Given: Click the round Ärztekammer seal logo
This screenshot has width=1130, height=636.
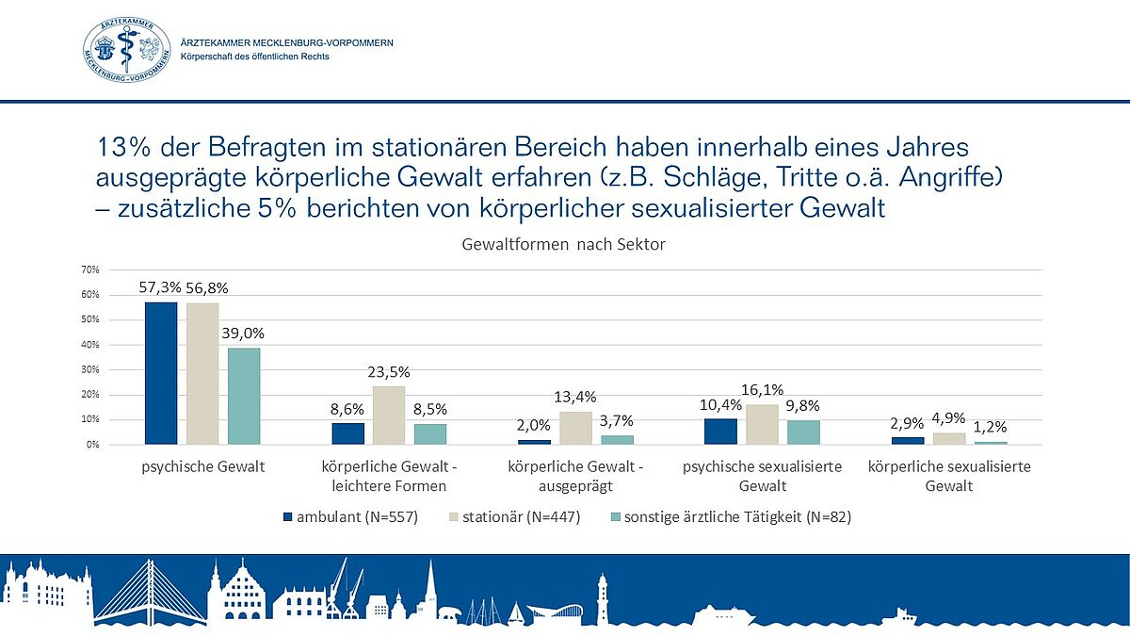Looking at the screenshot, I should [128, 50].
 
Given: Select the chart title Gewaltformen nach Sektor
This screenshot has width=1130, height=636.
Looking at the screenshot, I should [564, 245].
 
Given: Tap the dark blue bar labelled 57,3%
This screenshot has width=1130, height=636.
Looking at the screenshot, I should [161, 373].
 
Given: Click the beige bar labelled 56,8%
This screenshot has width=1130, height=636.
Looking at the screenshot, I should [202, 374].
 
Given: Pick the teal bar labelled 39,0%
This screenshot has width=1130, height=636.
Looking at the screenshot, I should [244, 396].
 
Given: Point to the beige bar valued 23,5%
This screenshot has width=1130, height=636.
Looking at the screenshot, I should [388, 415].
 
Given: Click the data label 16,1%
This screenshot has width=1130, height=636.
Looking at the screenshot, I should [764, 389].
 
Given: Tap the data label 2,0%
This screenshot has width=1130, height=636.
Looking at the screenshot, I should [533, 426].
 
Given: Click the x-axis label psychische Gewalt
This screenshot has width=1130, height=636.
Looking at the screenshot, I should [202, 467].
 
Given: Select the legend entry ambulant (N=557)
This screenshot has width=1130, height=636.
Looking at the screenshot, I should [348, 516].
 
